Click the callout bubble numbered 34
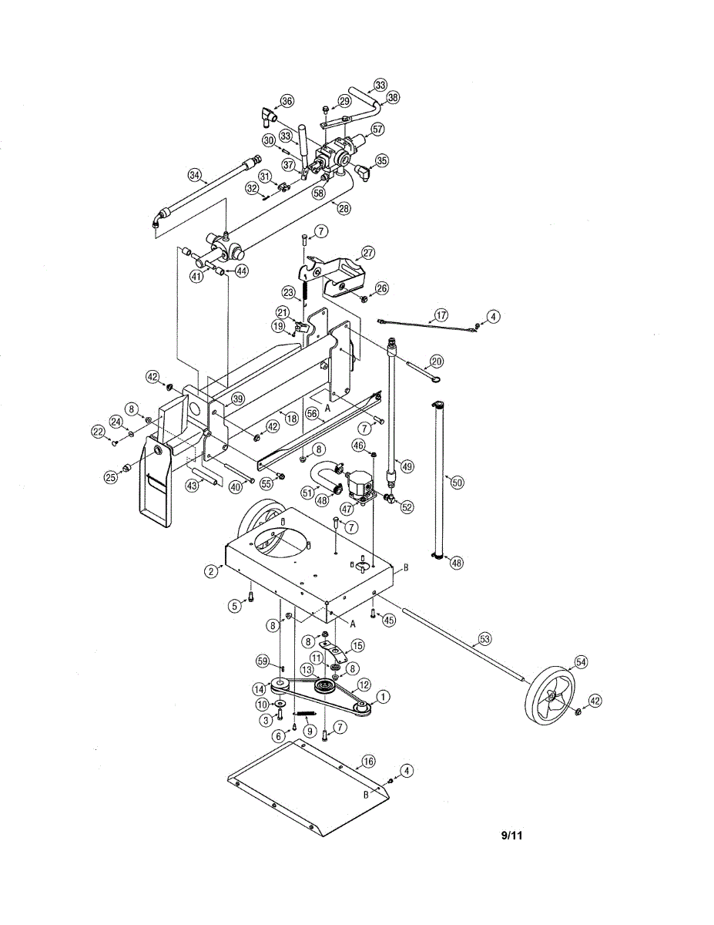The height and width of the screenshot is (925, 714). [x=196, y=175]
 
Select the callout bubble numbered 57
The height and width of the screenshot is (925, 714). [x=377, y=129]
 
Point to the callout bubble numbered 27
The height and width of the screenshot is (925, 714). [x=368, y=252]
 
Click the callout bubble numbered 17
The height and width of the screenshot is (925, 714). [x=441, y=314]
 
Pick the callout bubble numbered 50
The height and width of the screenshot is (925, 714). [x=458, y=482]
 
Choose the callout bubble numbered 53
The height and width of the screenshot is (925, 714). [x=484, y=638]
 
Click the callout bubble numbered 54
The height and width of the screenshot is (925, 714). [x=580, y=662]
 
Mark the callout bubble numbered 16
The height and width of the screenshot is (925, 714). [x=368, y=761]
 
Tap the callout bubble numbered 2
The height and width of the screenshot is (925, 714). [x=210, y=571]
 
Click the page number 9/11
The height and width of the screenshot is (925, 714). [x=511, y=835]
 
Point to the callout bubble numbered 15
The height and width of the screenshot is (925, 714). [x=357, y=644]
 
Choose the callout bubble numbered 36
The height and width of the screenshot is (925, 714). [x=287, y=101]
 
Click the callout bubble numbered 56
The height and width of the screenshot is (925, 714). [x=312, y=413]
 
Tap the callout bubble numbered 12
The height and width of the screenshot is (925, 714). [x=364, y=684]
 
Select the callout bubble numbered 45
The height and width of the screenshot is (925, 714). [x=388, y=619]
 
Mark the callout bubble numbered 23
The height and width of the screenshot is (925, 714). [x=288, y=292]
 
